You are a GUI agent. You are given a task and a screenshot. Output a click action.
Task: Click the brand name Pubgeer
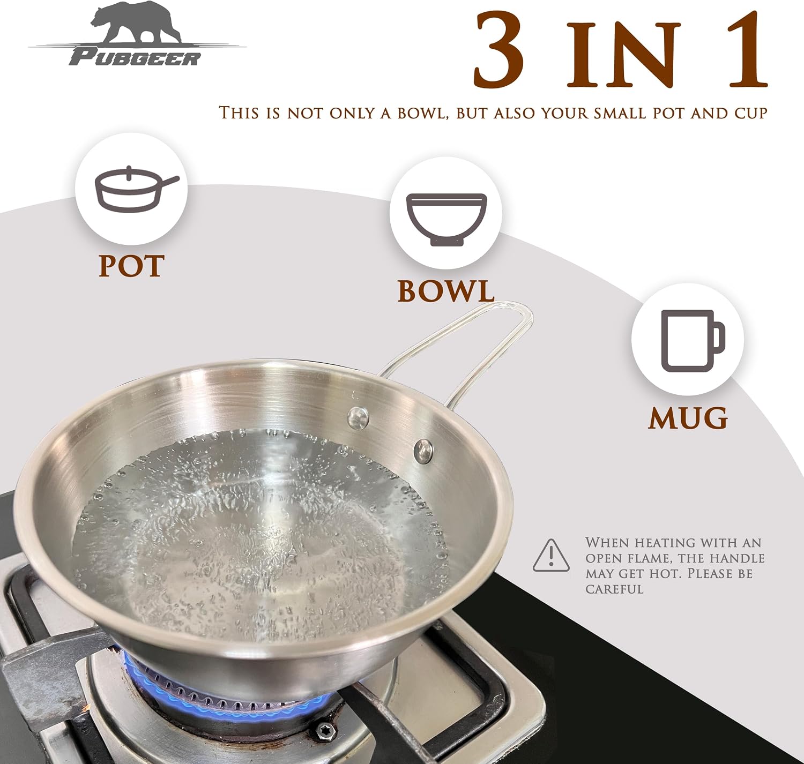(135, 58)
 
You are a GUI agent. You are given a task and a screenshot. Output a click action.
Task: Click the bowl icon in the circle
(446, 220)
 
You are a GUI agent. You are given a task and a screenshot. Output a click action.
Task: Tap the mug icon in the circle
(692, 341)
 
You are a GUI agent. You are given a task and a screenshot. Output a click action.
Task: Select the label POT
(131, 266)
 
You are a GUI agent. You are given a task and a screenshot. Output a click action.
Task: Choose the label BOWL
(446, 290)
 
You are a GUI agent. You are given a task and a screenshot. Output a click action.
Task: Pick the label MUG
(688, 418)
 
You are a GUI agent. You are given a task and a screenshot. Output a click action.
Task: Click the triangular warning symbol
(551, 555)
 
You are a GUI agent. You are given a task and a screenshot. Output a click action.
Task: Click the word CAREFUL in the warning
(614, 589)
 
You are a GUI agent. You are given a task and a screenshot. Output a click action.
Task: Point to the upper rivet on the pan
(358, 417)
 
